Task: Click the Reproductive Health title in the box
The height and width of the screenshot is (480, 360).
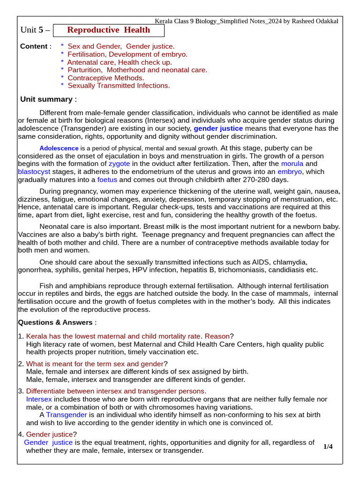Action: (109, 30)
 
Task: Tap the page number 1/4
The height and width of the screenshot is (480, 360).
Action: (328, 447)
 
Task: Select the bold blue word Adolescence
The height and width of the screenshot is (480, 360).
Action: (59, 148)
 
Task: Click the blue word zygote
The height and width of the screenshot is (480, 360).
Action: (119, 164)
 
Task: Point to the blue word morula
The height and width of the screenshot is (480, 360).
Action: (292, 164)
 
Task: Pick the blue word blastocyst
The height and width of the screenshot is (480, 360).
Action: (34, 172)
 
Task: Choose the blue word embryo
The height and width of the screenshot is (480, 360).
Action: (290, 172)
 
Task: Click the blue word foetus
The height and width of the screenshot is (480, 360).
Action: (107, 180)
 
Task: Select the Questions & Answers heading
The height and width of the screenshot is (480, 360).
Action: (56, 322)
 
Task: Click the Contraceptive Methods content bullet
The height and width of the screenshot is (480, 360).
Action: (106, 78)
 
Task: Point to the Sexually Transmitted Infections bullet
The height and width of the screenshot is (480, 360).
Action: (119, 85)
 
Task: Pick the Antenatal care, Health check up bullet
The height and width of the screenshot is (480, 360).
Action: (120, 62)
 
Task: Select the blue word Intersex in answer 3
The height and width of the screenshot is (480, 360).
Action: (39, 399)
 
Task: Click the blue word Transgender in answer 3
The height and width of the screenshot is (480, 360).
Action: (67, 415)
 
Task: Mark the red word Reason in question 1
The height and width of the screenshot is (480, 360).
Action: (217, 336)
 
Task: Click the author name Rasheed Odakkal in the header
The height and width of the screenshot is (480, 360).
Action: (311, 21)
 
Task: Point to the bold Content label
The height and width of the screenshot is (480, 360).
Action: (34, 46)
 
